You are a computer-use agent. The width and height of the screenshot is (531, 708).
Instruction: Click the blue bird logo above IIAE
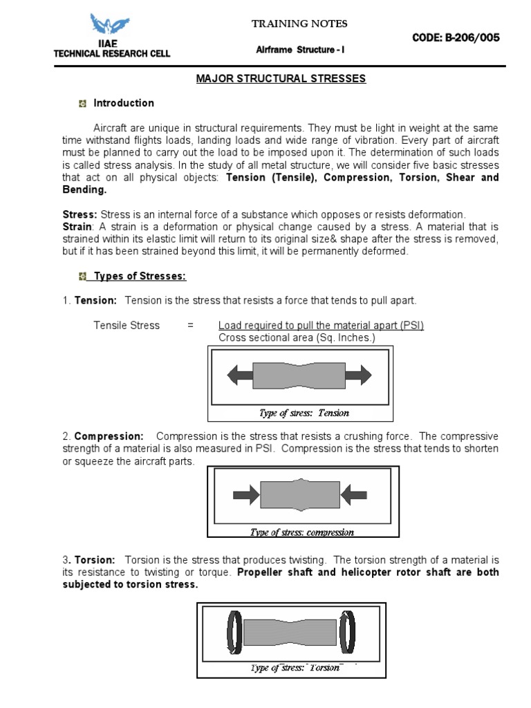(111, 26)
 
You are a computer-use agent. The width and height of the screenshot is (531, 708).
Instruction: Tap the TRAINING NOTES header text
(299, 24)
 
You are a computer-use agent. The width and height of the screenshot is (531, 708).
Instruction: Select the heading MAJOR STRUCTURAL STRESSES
(281, 79)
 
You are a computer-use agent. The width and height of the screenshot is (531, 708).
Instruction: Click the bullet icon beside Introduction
(82, 104)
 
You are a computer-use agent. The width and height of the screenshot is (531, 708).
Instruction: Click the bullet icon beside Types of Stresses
(82, 277)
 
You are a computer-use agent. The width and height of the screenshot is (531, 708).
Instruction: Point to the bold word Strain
(77, 227)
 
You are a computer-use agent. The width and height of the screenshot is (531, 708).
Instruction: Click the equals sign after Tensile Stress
(190, 325)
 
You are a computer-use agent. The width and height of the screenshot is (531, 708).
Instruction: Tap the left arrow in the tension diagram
(240, 375)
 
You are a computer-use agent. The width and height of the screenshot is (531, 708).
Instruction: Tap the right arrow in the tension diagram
(358, 375)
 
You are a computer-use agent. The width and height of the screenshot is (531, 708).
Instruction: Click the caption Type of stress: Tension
(304, 413)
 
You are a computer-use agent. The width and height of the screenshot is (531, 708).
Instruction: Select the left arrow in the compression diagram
(245, 494)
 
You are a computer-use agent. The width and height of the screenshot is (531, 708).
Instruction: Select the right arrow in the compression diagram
(353, 494)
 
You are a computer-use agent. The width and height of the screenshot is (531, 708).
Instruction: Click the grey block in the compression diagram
(299, 494)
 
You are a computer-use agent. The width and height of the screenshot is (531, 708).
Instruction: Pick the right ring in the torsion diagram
(347, 632)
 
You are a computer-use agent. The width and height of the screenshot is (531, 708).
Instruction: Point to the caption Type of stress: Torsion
(295, 668)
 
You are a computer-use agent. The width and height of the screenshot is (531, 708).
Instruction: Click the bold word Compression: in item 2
(109, 436)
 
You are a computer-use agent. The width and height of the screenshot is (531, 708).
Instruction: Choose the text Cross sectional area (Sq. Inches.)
(297, 337)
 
